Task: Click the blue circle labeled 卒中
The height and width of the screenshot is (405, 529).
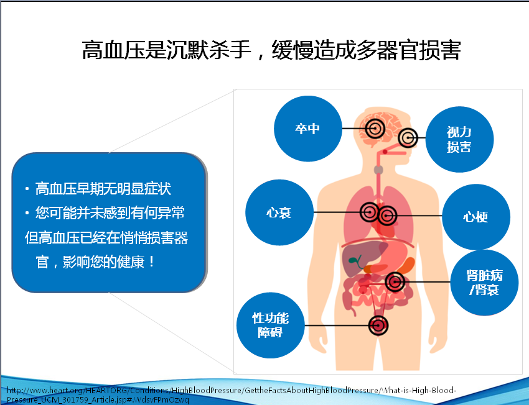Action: point(307,128)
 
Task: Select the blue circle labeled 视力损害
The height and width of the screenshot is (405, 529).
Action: point(459,139)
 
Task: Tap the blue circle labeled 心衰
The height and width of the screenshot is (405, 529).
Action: point(279,212)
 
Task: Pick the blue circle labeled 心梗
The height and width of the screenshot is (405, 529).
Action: point(475,216)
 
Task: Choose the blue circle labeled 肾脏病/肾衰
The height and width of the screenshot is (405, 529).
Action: point(484,283)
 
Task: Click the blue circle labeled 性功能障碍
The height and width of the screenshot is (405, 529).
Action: point(270,325)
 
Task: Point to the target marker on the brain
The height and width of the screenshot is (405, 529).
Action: point(375,128)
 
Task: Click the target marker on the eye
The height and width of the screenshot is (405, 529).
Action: point(408,138)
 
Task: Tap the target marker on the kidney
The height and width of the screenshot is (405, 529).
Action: point(395,282)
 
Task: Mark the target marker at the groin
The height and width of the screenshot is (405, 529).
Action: point(378,325)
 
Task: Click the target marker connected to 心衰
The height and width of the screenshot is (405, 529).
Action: point(370,212)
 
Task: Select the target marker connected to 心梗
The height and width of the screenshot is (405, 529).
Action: point(387,216)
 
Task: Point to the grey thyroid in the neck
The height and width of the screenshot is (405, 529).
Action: point(378,170)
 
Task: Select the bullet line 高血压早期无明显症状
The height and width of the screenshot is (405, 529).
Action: point(103,189)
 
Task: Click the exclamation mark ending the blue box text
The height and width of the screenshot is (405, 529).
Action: point(151,262)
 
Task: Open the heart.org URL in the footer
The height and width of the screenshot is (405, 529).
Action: point(232,395)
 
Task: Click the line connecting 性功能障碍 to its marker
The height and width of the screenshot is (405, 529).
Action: point(336,325)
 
